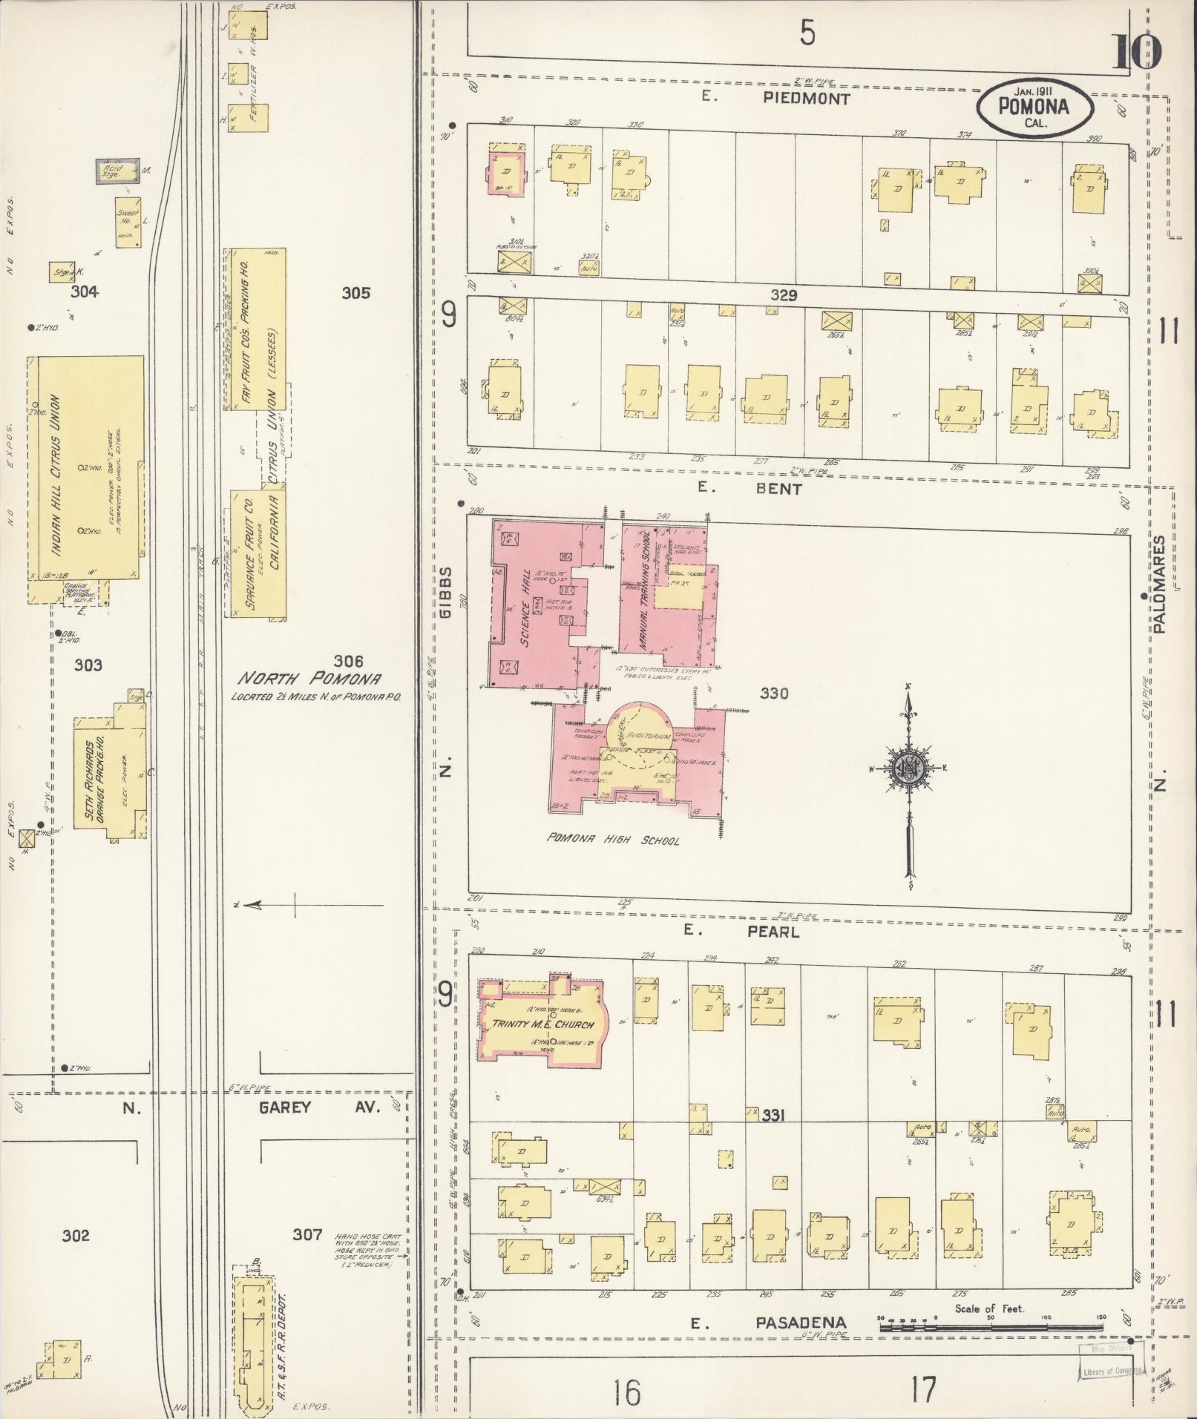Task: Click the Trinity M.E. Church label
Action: tap(542, 1024)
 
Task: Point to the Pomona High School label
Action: tap(613, 840)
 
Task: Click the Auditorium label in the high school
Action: tap(649, 736)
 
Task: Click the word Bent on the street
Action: tap(780, 489)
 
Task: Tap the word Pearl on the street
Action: tap(773, 932)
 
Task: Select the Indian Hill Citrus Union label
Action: tap(57, 475)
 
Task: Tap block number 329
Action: tap(783, 295)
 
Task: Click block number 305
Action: tap(355, 293)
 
